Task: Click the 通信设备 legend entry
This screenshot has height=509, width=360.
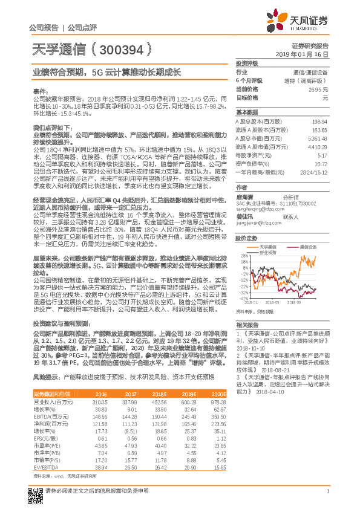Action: [309, 247]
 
